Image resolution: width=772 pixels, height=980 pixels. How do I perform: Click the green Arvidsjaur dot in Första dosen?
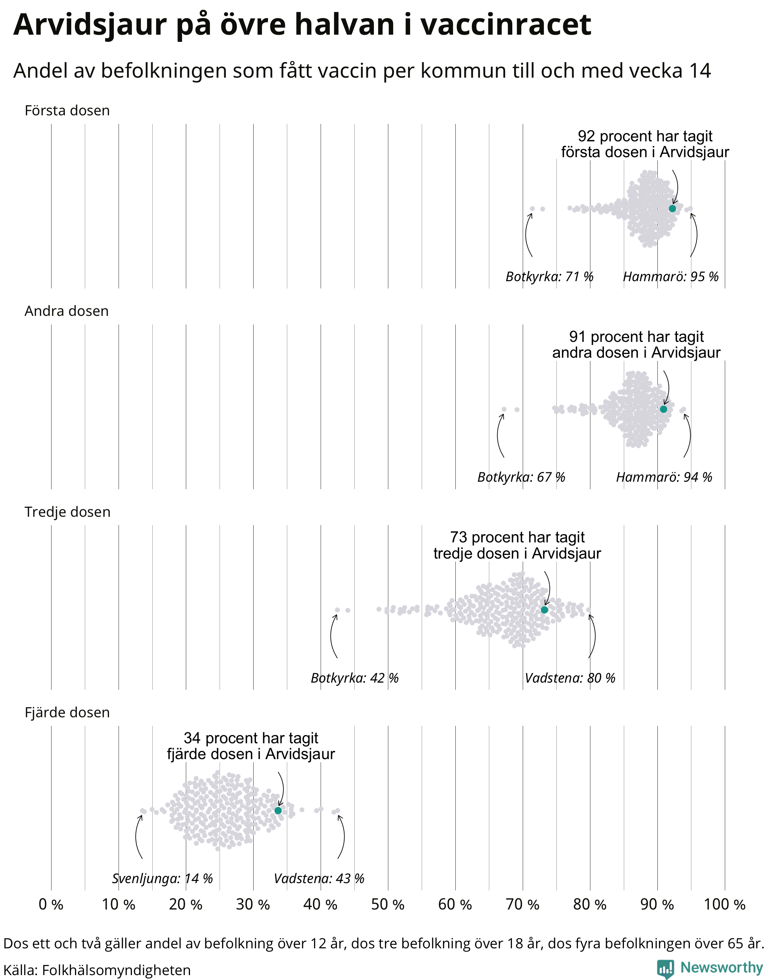[x=672, y=208]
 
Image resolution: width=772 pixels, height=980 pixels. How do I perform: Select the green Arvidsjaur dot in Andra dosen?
[x=663, y=409]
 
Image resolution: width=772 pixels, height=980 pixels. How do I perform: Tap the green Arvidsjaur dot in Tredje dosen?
[x=544, y=610]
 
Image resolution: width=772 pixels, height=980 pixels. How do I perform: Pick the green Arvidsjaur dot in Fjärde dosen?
[x=278, y=810]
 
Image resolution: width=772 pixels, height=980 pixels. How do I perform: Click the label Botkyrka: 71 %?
[x=549, y=276]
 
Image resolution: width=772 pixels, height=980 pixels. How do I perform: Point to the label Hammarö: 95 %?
[x=671, y=276]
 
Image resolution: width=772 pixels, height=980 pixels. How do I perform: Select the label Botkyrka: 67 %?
[x=521, y=477]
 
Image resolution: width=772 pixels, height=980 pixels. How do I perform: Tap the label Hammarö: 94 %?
[x=664, y=477]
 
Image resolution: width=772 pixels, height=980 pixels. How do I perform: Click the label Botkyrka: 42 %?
[x=354, y=678]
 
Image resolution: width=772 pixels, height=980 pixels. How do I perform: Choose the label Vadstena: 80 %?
[x=570, y=678]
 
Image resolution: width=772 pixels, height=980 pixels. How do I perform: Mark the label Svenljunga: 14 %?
[x=162, y=879]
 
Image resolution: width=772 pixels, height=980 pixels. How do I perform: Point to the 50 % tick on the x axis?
[x=388, y=905]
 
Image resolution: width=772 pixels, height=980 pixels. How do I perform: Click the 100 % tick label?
[x=725, y=905]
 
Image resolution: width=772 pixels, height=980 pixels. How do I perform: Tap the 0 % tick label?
[x=51, y=905]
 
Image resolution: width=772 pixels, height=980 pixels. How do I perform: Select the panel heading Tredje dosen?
[x=67, y=512]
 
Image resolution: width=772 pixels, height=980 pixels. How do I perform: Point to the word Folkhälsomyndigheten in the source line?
[x=116, y=970]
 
